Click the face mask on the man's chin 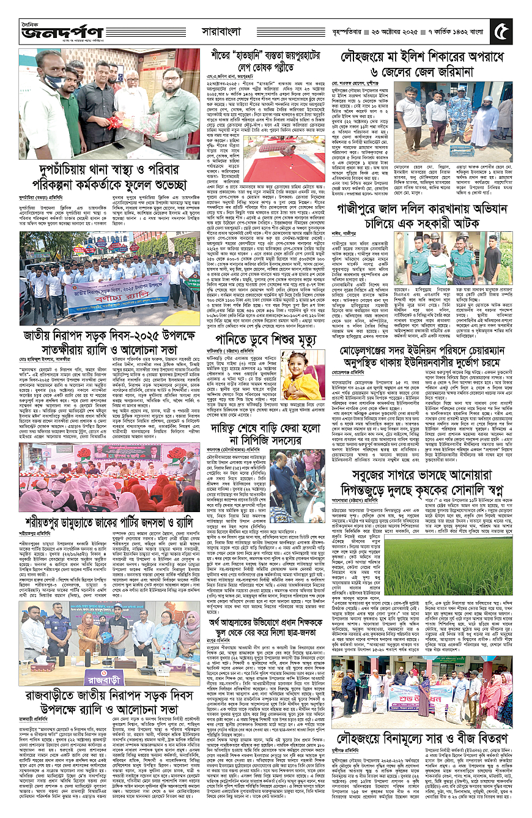pos(37,82)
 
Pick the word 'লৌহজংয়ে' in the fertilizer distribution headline pos(372,737)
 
